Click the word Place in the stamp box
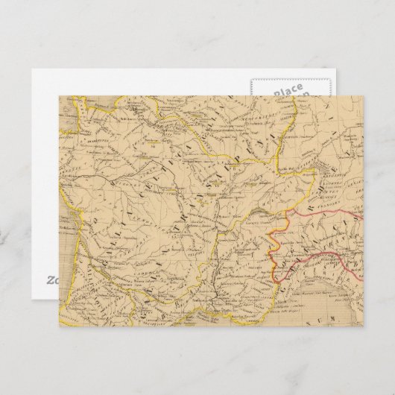click(x=287, y=90)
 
